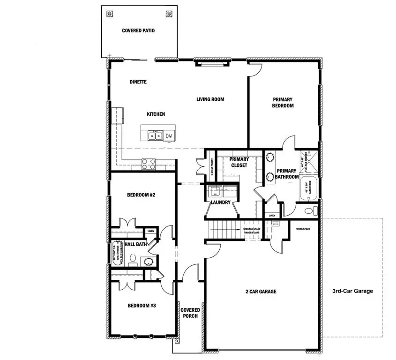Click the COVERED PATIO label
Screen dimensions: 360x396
(138, 30)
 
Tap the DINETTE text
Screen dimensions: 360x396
(138, 82)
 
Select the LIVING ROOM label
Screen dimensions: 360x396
(210, 99)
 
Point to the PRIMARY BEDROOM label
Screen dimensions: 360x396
(283, 103)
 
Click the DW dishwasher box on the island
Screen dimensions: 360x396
(169, 136)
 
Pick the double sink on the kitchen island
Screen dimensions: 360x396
(153, 136)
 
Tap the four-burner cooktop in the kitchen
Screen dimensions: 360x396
(149, 164)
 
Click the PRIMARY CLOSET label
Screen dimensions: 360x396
(239, 162)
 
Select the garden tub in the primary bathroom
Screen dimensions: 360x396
(309, 188)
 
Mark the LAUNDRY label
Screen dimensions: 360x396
(220, 202)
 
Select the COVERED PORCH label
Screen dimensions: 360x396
(190, 313)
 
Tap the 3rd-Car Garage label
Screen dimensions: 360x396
(353, 291)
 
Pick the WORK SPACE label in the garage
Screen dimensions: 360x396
(304, 229)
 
